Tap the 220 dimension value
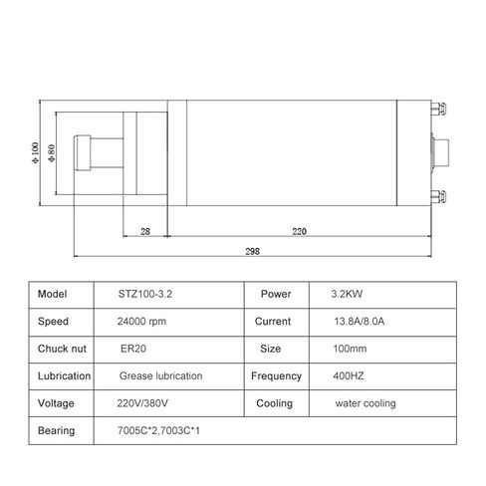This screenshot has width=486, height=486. pos(300,231)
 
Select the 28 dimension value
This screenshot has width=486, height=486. pos(145,231)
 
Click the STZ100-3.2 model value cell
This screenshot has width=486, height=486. pos(145,296)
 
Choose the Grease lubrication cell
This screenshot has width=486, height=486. pos(160,376)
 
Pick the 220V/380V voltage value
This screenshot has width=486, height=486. pos(143,403)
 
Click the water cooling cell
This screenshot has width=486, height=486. pos(365,403)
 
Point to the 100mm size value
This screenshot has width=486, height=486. pos(349,350)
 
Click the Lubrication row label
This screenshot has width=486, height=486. pos(64,376)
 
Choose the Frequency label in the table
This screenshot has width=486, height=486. pos(276,376)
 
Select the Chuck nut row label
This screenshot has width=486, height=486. pos(62,350)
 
